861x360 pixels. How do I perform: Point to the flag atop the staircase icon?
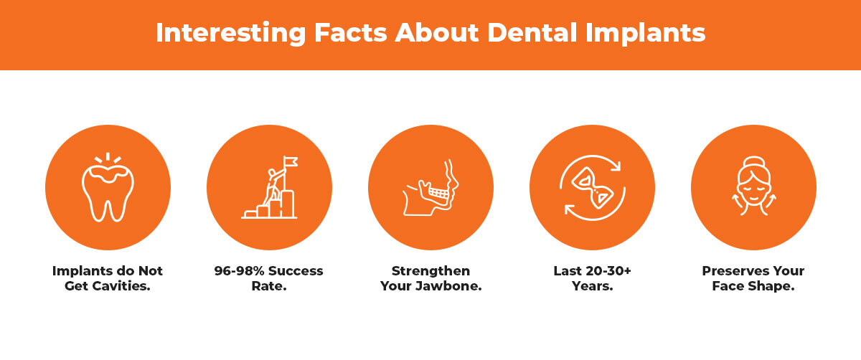(x=291, y=161)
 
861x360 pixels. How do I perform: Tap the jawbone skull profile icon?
(x=430, y=188)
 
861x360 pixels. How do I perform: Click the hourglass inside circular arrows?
(x=591, y=188)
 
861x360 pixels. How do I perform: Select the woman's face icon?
(x=753, y=190)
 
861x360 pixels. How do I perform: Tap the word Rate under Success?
(x=268, y=285)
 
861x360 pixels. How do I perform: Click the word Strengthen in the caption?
(x=430, y=271)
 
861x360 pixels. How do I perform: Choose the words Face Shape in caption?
(x=753, y=285)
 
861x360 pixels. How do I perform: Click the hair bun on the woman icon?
(x=753, y=162)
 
